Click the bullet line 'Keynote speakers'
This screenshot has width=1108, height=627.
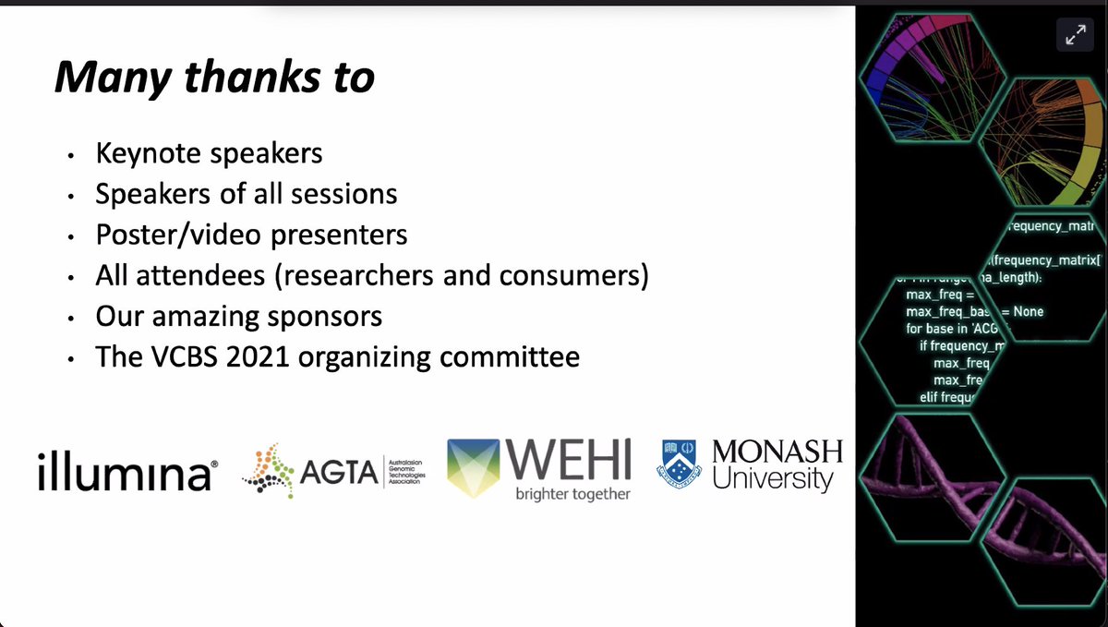click(209, 152)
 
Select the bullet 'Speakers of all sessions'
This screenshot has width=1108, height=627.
click(247, 194)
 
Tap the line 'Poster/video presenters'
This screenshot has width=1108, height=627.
click(251, 235)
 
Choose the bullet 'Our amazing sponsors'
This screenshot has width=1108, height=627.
click(238, 316)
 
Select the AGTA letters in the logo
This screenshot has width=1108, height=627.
click(340, 474)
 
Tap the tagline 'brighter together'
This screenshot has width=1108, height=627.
click(573, 494)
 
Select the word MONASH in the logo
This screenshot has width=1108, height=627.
click(777, 452)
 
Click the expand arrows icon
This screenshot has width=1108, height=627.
click(1075, 36)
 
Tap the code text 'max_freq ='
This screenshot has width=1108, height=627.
click(938, 295)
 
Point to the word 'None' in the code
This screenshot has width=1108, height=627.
click(1028, 311)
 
